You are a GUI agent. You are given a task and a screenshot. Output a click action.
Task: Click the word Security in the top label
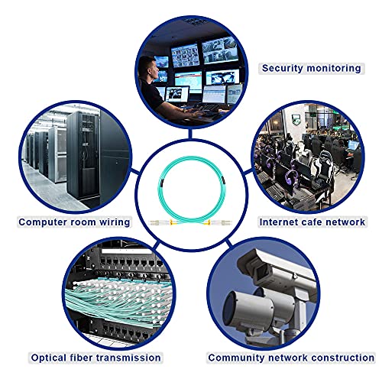click(x=283, y=68)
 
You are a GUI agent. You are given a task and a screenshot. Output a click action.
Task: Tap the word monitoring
click(x=334, y=69)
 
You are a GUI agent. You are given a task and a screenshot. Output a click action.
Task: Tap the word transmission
click(x=128, y=358)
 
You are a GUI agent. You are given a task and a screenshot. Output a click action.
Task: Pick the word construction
click(x=343, y=358)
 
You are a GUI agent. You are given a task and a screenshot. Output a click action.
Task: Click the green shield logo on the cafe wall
click(x=295, y=118)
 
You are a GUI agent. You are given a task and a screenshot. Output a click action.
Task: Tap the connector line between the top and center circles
click(x=190, y=134)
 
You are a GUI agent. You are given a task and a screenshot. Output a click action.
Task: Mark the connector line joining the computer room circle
click(x=135, y=171)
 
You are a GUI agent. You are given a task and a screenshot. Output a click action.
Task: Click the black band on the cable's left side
click(x=160, y=183)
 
